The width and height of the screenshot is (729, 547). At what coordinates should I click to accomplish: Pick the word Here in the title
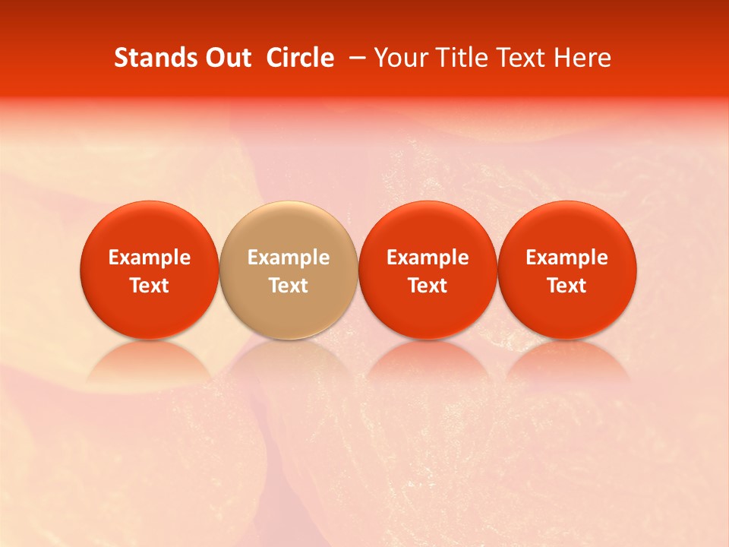[582, 58]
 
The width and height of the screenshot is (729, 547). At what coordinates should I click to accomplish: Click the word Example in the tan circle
[289, 258]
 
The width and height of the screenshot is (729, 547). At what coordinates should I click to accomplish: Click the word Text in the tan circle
[289, 286]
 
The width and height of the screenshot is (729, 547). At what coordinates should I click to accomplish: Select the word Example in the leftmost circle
[150, 258]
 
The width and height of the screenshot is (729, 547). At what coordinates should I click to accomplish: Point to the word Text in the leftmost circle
[150, 286]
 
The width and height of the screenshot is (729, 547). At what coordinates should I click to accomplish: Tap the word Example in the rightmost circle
[567, 258]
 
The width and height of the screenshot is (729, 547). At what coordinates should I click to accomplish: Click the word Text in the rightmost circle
[567, 286]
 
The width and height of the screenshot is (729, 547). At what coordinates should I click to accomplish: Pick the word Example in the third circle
[428, 258]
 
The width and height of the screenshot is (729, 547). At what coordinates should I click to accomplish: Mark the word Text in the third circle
[428, 286]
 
